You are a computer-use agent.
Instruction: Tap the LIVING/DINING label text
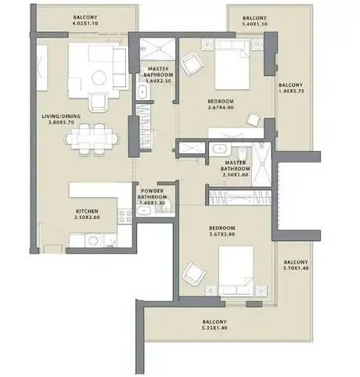click(x=61, y=117)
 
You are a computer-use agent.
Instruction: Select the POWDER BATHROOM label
click(x=152, y=194)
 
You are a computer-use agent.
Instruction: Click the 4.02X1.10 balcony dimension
click(x=85, y=23)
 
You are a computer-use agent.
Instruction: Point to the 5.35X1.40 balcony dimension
click(x=214, y=328)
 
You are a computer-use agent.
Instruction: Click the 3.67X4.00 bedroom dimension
click(x=221, y=107)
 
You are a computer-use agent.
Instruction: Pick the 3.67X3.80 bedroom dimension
click(x=222, y=234)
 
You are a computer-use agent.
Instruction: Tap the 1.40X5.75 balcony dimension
click(x=291, y=92)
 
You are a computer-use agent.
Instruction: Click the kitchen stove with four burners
click(x=125, y=216)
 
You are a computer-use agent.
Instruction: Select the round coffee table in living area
click(x=99, y=77)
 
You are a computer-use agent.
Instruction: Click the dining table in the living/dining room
click(x=92, y=139)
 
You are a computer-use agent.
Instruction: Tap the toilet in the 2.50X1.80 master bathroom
click(x=242, y=153)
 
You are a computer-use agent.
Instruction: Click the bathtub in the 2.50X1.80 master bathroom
click(x=221, y=149)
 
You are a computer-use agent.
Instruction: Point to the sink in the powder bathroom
click(x=143, y=210)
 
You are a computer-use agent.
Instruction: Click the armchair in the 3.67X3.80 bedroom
click(x=194, y=273)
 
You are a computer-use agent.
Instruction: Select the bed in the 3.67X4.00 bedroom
click(x=232, y=65)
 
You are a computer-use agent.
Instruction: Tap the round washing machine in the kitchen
click(x=93, y=240)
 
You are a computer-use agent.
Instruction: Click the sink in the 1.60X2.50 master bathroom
click(x=142, y=92)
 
